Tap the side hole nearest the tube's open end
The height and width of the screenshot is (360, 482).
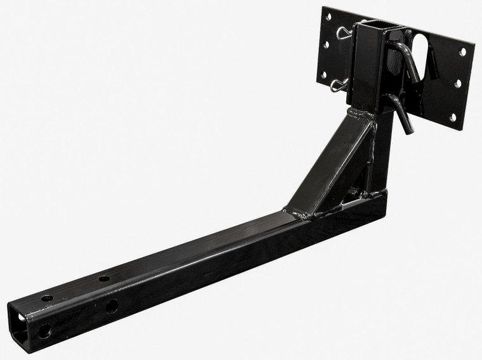point(45,331)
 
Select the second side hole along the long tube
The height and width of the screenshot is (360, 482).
point(112,307)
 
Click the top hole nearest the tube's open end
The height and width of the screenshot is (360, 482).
point(47,298)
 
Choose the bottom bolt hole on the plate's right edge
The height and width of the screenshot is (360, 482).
point(452,117)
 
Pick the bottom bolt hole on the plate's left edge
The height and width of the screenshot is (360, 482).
point(322,74)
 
